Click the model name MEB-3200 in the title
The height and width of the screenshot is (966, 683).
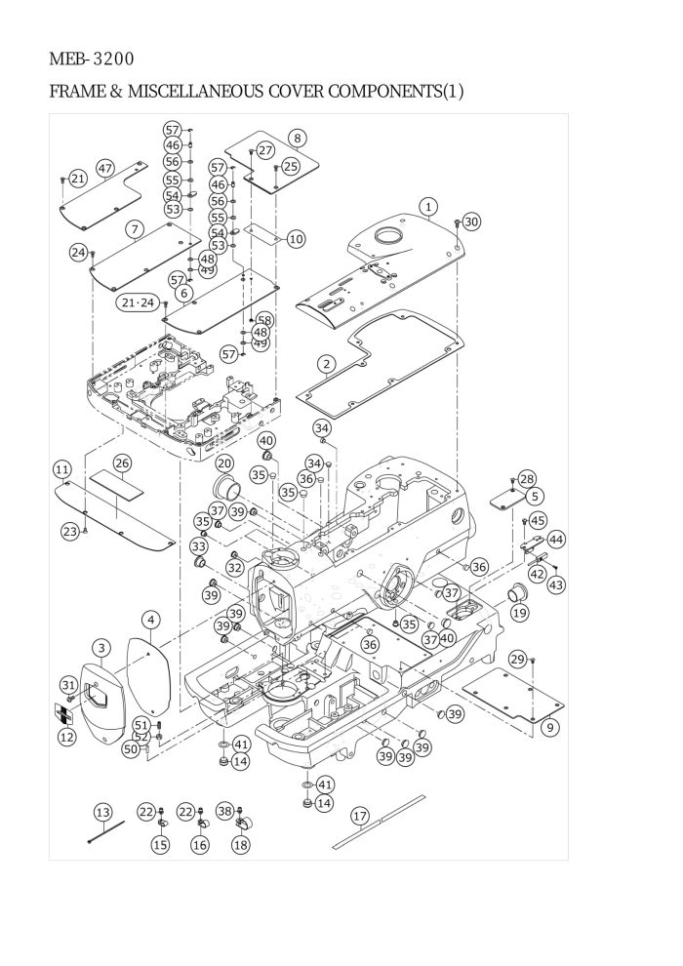(92, 60)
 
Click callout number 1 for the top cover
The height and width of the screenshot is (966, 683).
(428, 206)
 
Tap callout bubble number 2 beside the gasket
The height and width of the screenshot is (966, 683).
(327, 363)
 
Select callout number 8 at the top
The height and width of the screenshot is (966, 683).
(297, 139)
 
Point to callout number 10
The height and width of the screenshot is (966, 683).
(296, 238)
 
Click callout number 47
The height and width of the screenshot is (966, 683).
(104, 168)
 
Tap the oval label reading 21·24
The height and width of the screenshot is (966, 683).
(138, 303)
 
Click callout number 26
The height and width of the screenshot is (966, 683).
(122, 462)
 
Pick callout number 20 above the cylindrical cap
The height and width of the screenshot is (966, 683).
(223, 463)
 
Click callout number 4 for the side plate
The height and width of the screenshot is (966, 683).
(150, 620)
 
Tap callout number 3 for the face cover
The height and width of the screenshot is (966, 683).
(101, 648)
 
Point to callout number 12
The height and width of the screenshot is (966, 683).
(66, 738)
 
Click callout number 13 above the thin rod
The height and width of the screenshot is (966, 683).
(102, 812)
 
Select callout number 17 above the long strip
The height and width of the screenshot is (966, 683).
(359, 815)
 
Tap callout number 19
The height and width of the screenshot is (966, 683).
(520, 613)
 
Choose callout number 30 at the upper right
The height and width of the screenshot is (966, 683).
(471, 221)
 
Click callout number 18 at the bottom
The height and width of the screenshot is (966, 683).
(240, 845)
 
